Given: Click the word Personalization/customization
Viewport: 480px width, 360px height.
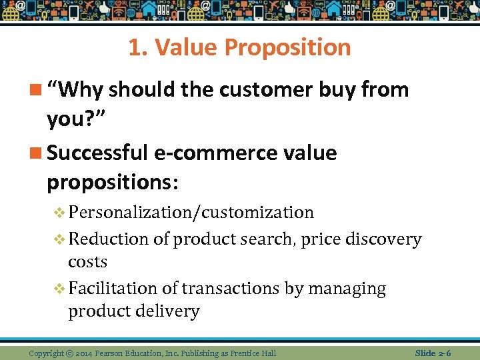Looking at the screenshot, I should [x=191, y=213].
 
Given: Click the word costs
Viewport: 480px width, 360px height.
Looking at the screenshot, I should [x=87, y=261].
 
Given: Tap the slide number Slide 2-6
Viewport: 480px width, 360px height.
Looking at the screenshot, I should [x=433, y=353].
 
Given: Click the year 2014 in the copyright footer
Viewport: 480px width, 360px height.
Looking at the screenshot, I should [x=85, y=353].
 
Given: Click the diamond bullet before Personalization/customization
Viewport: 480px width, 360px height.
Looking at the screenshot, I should [x=59, y=213].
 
